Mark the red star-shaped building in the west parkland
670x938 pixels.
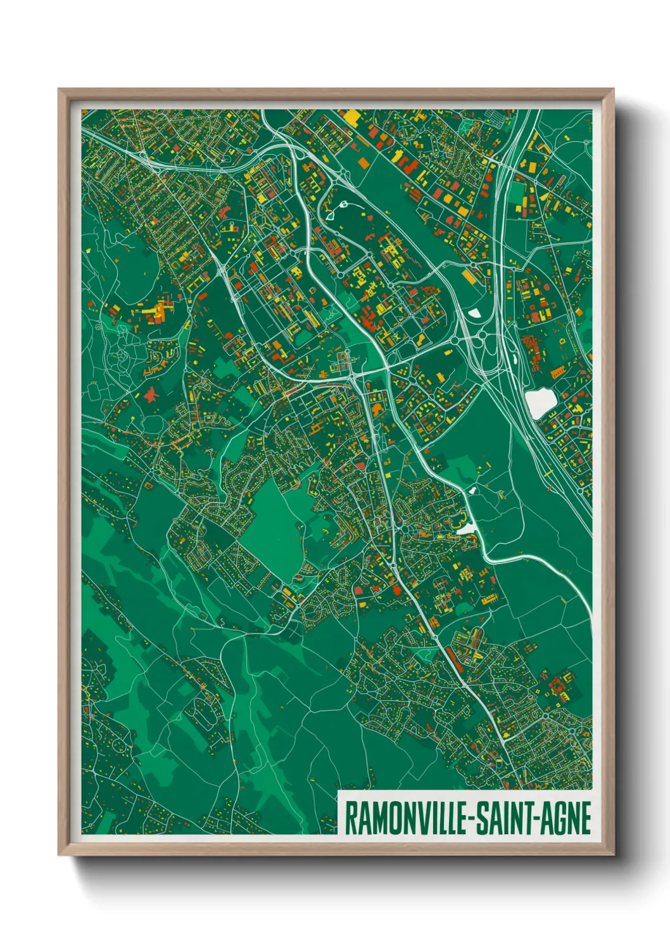pos(151,395)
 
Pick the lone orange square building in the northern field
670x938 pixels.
pos(363,162)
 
